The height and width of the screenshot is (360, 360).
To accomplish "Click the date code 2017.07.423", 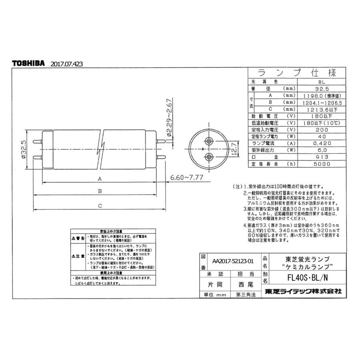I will [x=67, y=64].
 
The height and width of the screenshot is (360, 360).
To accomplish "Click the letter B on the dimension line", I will [x=100, y=192].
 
